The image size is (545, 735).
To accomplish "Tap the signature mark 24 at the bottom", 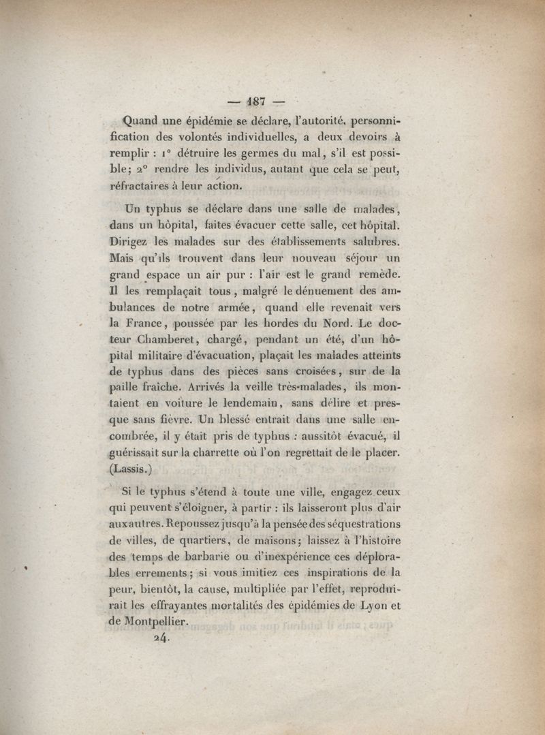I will (161, 639).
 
